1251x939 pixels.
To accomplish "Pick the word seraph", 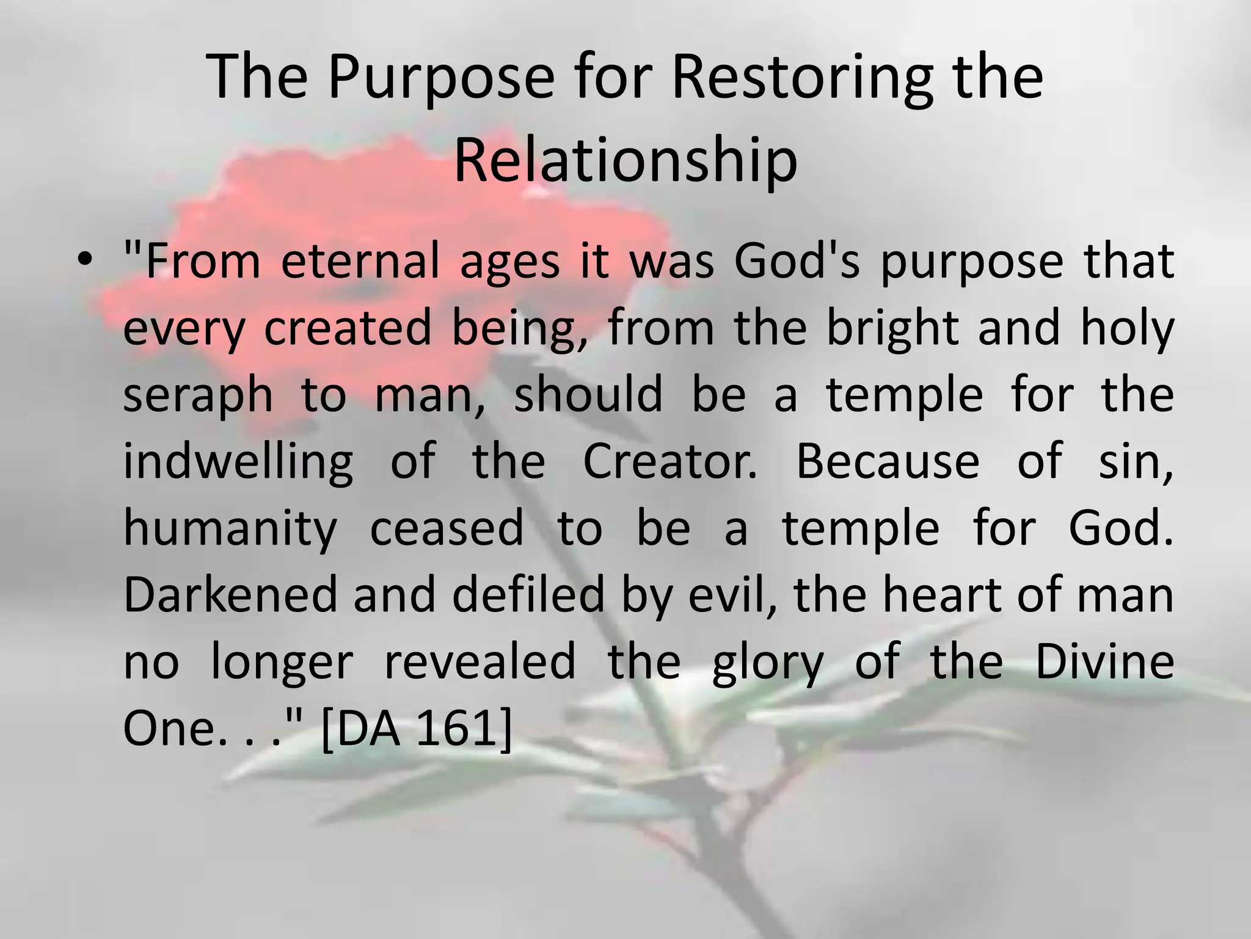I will point(198,394).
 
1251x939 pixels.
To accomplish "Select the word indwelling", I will point(238,462).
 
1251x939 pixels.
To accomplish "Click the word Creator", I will point(669,462).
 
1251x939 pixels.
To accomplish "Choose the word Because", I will point(888,462).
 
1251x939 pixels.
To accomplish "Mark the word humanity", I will point(230,529).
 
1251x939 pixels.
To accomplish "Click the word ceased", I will point(447,529).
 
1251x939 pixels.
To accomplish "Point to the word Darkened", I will point(230,595).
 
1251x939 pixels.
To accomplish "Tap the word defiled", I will point(528,595).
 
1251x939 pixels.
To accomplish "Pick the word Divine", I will point(1104,662).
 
